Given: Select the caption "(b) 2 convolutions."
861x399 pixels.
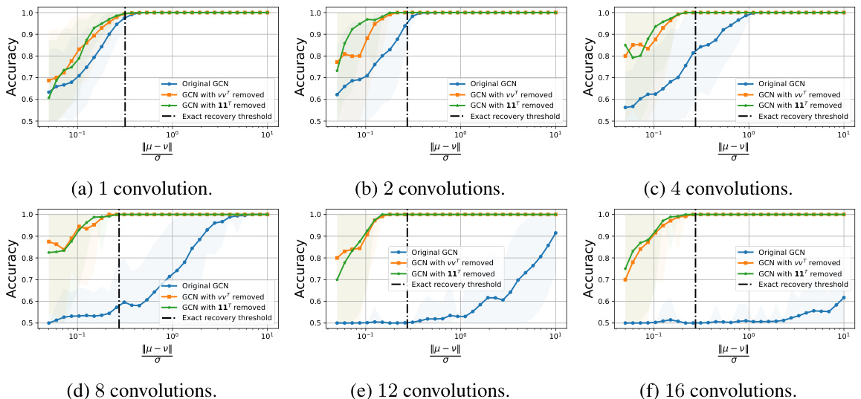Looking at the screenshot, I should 430,189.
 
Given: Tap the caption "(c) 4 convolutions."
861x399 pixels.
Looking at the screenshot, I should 718,189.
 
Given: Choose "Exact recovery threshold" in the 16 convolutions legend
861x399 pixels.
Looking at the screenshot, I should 793,284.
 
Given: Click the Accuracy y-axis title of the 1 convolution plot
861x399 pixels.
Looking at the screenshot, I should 13,65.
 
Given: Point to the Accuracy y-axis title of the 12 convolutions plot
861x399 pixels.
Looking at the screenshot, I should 301,267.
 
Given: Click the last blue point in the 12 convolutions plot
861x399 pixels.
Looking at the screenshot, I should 555,233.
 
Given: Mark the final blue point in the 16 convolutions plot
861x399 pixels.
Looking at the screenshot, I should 843,298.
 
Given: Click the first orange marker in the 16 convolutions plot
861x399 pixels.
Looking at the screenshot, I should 625,279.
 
